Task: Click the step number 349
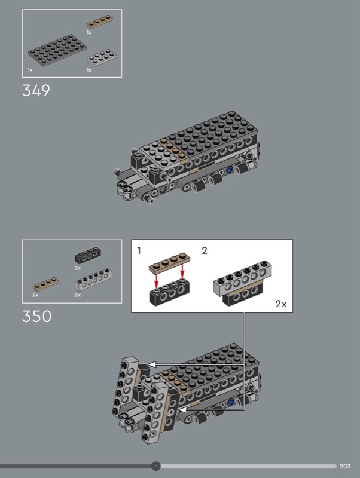pos(36,91)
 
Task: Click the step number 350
pos(36,316)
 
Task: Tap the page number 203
pos(345,466)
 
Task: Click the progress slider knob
pos(156,466)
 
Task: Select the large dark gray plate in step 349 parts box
pos(57,50)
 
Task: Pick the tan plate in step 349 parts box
pos(100,22)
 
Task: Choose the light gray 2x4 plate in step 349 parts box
pos(102,57)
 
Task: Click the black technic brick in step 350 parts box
pos(88,255)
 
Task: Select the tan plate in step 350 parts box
pos(46,284)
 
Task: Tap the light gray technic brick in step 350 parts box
pos(93,279)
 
